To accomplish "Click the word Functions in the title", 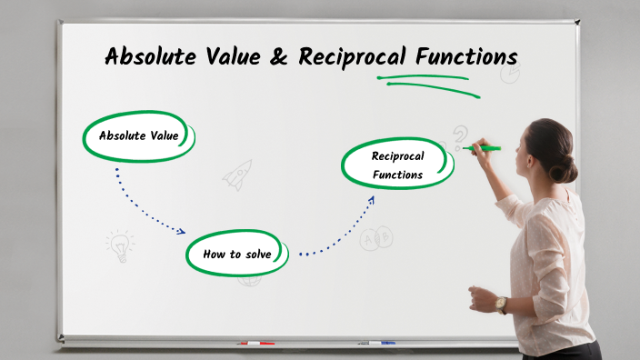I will tap(466, 57).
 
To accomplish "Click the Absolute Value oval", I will tap(139, 136).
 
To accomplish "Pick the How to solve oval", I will tap(237, 254).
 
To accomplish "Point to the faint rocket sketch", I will tap(238, 174).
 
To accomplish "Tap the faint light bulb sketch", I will tap(119, 245).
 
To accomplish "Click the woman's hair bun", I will tap(568, 168).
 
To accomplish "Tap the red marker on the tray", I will tap(255, 344).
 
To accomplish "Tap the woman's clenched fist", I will tap(478, 297).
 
